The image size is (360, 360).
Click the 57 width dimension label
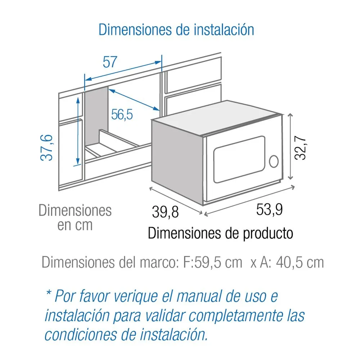tap(110, 62)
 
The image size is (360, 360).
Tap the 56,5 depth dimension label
tap(122, 114)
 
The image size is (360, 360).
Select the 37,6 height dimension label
tap(46, 148)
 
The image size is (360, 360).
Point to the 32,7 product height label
tap(300, 148)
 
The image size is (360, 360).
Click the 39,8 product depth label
tap(165, 212)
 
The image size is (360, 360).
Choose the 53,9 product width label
tap(269, 210)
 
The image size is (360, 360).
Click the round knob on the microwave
tap(274, 161)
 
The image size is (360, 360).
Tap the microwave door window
tap(239, 159)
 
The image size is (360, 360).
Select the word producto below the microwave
tap(268, 234)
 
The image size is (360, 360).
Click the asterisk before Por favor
tap(49, 293)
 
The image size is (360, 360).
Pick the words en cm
tap(75, 225)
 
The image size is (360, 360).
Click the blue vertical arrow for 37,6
tap(78, 131)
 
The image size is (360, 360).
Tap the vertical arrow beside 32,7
tap(291, 147)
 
